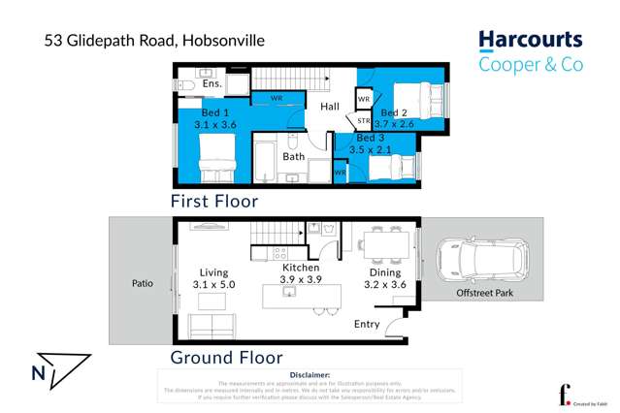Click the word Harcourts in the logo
(x=530, y=41)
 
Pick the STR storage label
(x=363, y=121)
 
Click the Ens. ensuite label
(x=212, y=84)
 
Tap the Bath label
(x=293, y=156)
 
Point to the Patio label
(x=143, y=284)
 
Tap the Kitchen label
(x=301, y=267)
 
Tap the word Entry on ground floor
(x=368, y=324)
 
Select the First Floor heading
(x=213, y=202)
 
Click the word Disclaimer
(x=310, y=374)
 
